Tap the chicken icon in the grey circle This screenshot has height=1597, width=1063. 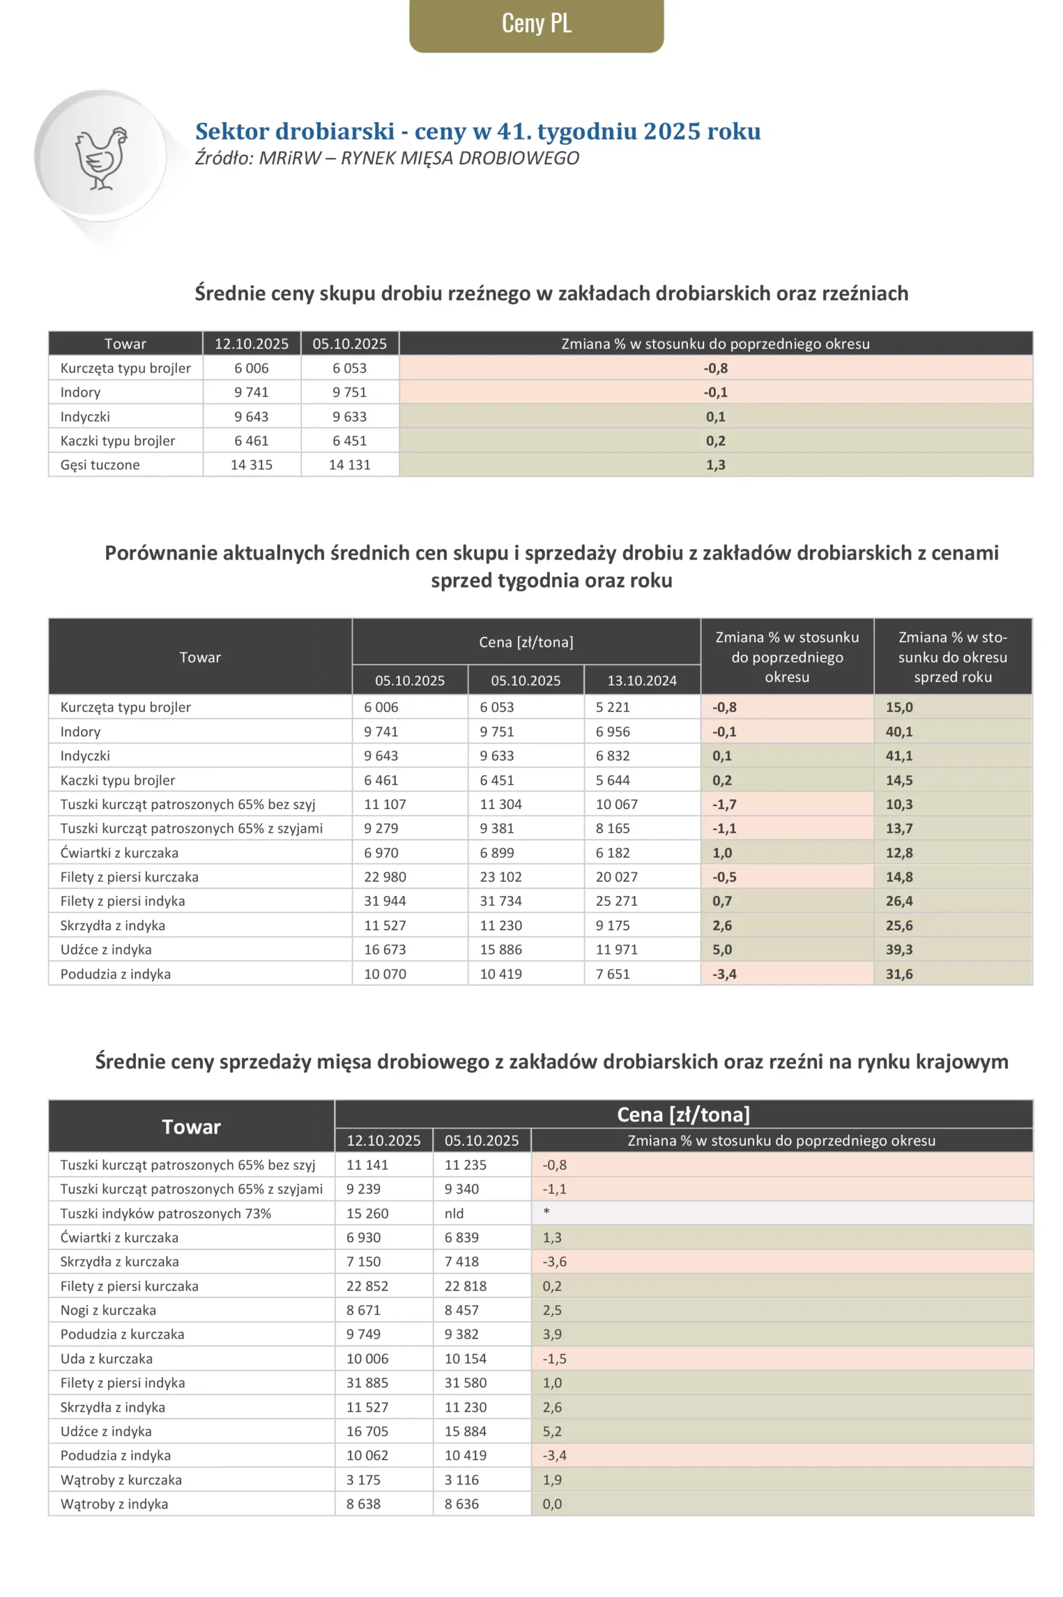(x=101, y=157)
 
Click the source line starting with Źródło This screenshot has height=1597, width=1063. (x=387, y=158)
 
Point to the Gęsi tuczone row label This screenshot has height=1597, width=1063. (x=100, y=465)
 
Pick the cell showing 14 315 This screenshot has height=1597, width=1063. (x=252, y=465)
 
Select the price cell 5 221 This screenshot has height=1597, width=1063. (x=613, y=707)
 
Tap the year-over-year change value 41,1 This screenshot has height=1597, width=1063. (x=899, y=755)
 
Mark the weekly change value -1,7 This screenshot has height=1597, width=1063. (x=724, y=804)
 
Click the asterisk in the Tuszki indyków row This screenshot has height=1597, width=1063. (x=546, y=1211)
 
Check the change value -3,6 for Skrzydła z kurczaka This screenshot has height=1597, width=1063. (x=554, y=1261)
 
